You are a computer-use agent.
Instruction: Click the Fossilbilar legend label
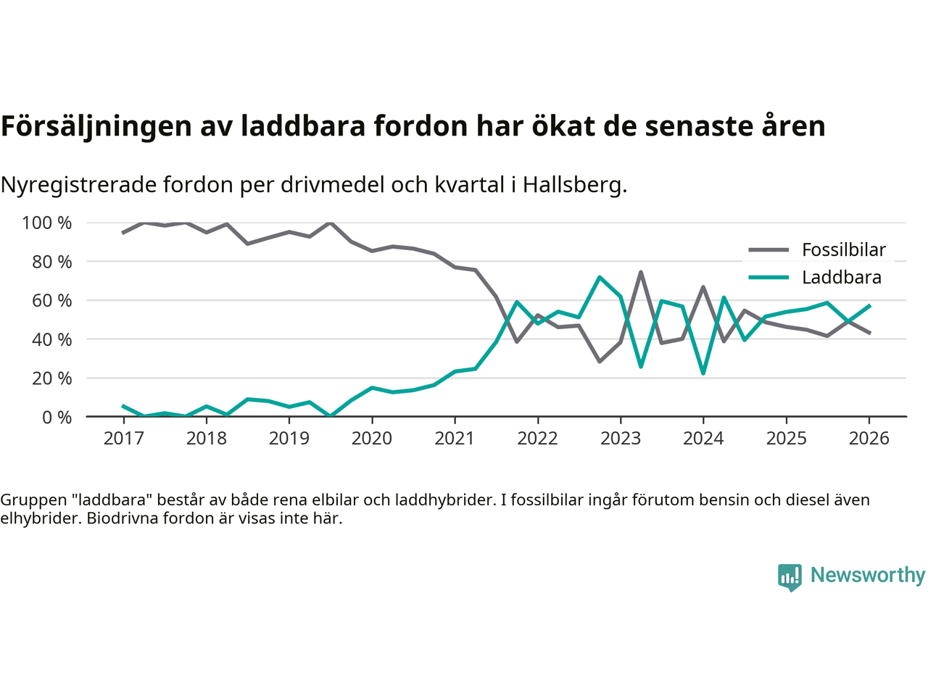(x=844, y=250)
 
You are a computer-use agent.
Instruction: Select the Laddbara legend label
(x=842, y=278)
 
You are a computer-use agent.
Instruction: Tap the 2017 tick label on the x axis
(x=124, y=439)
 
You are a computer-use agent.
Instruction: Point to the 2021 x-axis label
(x=455, y=439)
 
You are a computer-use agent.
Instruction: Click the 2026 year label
(x=869, y=439)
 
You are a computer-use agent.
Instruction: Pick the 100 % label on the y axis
(x=47, y=223)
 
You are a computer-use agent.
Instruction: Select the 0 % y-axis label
(x=56, y=418)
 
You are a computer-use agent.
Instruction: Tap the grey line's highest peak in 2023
(x=641, y=273)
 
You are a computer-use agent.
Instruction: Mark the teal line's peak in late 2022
(x=600, y=277)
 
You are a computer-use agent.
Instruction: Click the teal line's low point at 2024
(x=703, y=373)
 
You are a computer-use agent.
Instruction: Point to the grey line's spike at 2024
(x=703, y=287)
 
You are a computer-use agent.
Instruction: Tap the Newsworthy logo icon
(x=790, y=577)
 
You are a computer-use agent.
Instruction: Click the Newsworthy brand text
(x=868, y=575)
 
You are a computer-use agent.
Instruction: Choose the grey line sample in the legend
(x=768, y=250)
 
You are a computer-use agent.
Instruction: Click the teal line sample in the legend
(x=768, y=278)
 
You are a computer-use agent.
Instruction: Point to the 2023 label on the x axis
(x=621, y=439)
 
